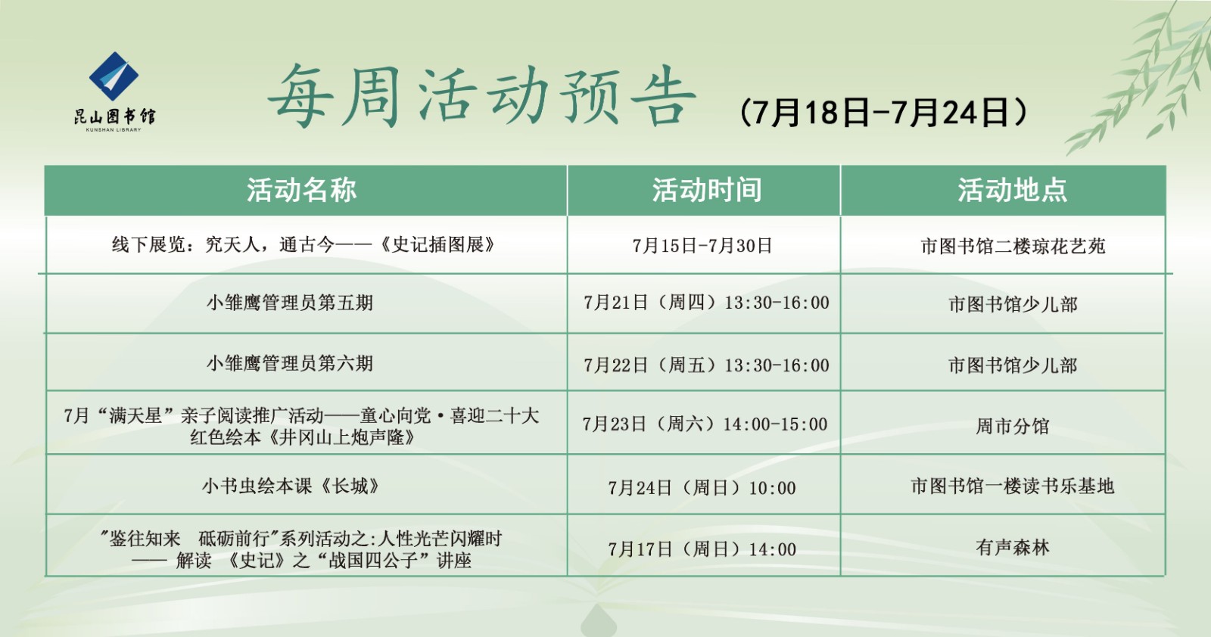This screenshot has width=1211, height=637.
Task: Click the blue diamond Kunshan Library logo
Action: (114, 76)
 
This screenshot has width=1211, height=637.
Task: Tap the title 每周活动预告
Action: (481, 97)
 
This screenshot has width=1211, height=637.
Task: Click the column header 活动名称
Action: (301, 190)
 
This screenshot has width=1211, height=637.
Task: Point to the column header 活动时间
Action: (706, 190)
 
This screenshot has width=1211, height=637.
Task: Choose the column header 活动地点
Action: (1012, 190)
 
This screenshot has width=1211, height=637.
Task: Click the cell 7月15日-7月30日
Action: (702, 246)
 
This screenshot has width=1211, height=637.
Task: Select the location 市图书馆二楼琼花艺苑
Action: (1013, 246)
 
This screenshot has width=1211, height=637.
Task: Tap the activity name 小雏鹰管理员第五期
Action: (290, 303)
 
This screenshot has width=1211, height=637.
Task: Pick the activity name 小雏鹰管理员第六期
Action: (290, 363)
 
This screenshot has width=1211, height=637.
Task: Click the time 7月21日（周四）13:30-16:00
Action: (706, 303)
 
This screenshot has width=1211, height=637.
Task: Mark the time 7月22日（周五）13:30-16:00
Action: (706, 365)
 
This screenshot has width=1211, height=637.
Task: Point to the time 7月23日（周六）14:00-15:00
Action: (705, 424)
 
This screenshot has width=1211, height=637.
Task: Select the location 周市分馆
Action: (1012, 426)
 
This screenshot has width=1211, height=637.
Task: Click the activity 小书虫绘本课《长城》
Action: (290, 486)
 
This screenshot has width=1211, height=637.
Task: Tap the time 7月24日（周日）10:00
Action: (702, 488)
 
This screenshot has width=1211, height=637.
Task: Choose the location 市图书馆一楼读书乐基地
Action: (1012, 486)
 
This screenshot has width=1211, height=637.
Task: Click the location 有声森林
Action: (1012, 547)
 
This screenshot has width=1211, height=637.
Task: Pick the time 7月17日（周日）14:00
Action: (702, 549)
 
